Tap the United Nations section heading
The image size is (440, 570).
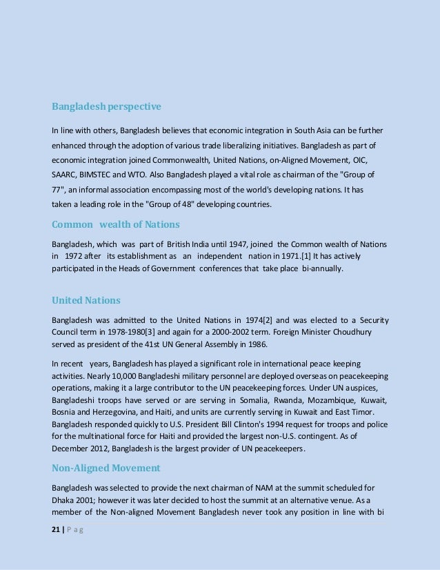point(86,300)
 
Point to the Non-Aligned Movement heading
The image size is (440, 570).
point(106,468)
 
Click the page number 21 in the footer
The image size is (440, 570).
point(57,545)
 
